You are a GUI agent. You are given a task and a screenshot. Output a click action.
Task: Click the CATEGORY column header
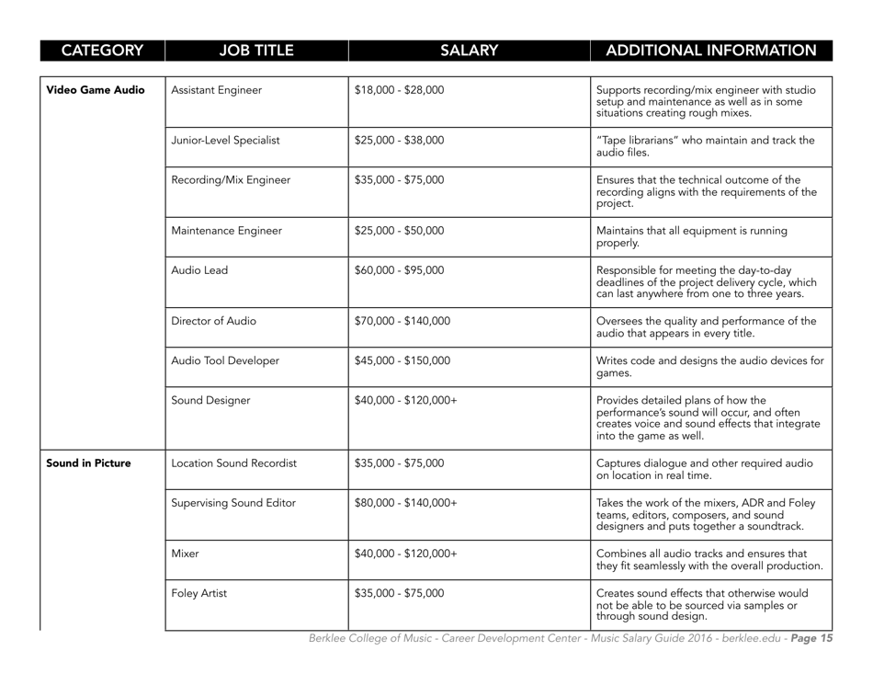(83, 50)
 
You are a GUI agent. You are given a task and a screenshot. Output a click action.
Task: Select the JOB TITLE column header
(252, 50)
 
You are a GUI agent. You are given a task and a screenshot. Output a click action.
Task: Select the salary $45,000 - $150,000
(402, 360)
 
